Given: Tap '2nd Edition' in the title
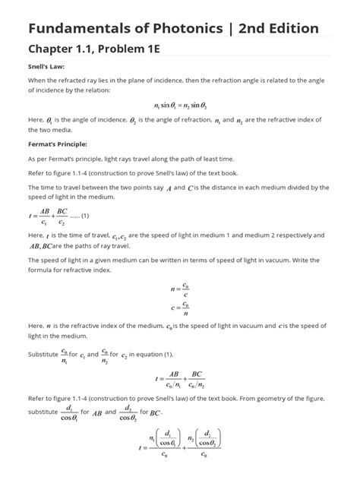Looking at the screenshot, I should [277, 28].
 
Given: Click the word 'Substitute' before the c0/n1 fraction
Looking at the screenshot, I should [43, 353].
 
